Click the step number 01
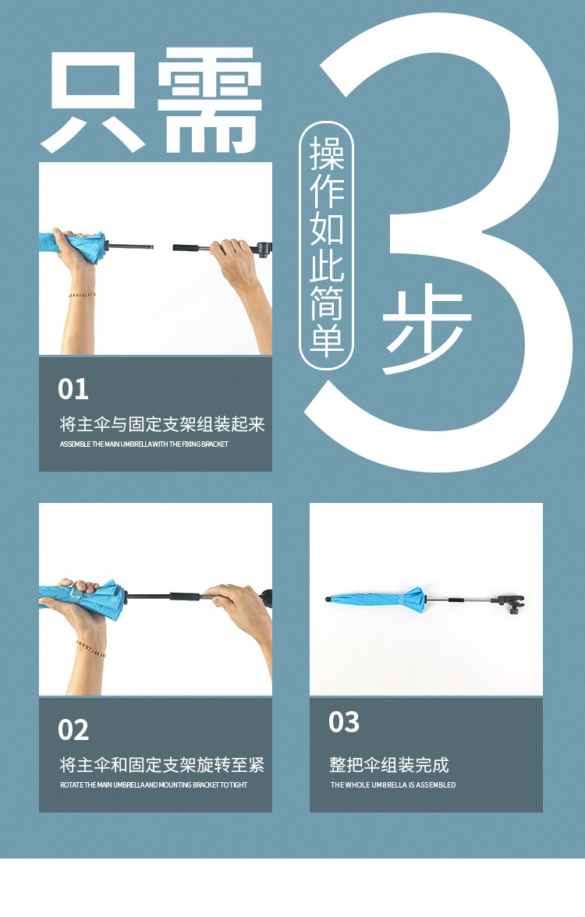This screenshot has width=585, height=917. pyautogui.click(x=73, y=388)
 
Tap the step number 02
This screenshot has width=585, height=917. pyautogui.click(x=73, y=730)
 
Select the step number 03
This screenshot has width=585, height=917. pyautogui.click(x=344, y=722)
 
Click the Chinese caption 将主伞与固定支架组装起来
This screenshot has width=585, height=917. pyautogui.click(x=162, y=424)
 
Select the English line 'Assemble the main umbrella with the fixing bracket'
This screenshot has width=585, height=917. pyautogui.click(x=144, y=444)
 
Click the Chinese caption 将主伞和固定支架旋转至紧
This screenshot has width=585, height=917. pyautogui.click(x=162, y=765)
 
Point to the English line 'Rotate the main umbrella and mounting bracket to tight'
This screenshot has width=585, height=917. pyautogui.click(x=154, y=785)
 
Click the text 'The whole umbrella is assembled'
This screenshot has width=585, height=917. pyautogui.click(x=393, y=785)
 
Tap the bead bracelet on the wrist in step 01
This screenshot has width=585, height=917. pyautogui.click(x=81, y=295)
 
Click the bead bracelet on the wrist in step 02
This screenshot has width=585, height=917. pyautogui.click(x=91, y=649)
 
